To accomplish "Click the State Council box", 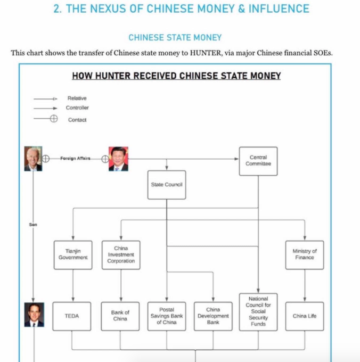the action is [167, 185].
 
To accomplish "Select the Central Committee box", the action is [258, 161].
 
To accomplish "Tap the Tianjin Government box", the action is [73, 255].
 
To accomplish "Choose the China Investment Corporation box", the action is [121, 255].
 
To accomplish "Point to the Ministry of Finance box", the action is [305, 255].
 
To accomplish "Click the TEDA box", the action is [72, 316].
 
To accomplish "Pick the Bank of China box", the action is [120, 316].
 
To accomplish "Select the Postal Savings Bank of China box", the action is [167, 316].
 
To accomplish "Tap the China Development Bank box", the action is [213, 316].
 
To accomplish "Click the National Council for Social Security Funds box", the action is [258, 312].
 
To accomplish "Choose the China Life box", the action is [305, 316].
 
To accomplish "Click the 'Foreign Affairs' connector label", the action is [75, 159].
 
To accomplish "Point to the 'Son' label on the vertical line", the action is [33, 225].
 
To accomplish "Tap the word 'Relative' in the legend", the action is [77, 98].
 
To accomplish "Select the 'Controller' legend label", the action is [77, 108].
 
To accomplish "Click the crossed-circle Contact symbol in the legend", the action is [54, 119].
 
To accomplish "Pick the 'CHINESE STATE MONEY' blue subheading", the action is [175, 37].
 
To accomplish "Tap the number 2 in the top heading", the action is [56, 9].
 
